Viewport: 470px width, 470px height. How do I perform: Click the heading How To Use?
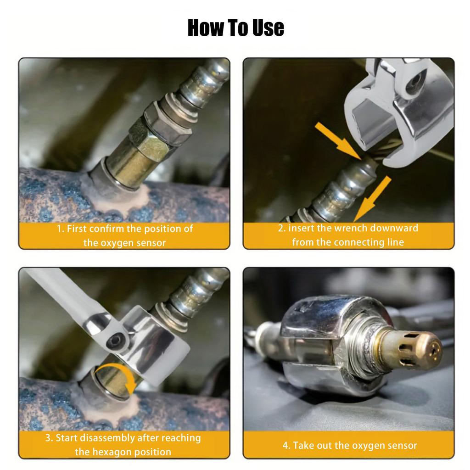click(235, 28)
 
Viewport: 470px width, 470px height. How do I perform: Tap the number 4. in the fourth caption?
click(286, 445)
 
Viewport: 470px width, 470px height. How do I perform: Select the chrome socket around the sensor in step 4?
click(321, 344)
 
